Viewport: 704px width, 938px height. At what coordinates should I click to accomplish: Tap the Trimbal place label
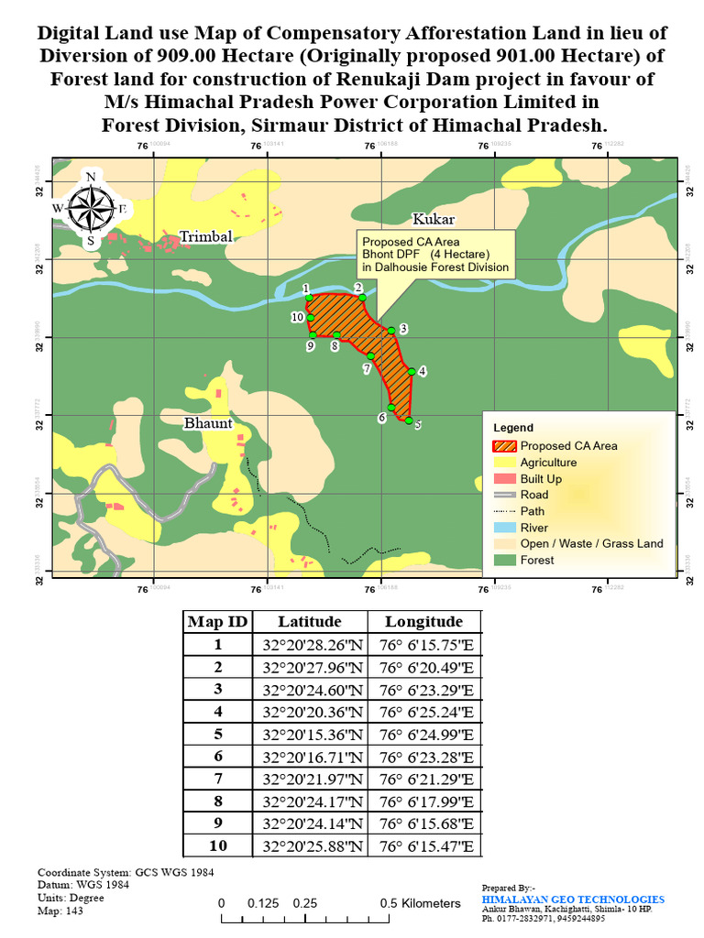[205, 236]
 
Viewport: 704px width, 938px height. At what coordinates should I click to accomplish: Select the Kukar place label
[433, 219]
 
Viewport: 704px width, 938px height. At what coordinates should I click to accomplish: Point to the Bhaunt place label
[208, 423]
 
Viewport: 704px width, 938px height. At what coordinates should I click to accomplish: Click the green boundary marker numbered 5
[409, 420]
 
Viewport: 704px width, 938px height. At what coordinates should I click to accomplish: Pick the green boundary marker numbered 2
[362, 297]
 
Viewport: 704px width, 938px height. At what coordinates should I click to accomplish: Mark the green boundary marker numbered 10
[310, 318]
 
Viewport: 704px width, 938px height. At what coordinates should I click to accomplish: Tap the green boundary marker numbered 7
[370, 355]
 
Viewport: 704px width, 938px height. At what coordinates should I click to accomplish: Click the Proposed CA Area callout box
[434, 254]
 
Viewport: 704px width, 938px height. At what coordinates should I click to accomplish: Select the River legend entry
[533, 528]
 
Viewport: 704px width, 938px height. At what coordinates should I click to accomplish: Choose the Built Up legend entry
[541, 479]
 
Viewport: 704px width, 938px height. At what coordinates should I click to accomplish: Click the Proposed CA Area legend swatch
[504, 446]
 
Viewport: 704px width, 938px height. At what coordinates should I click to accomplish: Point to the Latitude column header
[310, 621]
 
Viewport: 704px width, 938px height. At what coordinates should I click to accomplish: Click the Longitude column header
[423, 621]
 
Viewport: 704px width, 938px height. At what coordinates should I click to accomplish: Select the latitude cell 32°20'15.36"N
[310, 735]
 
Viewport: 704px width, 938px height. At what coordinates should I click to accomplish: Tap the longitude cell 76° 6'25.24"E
[424, 712]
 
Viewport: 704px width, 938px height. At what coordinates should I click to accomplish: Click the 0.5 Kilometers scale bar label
[420, 903]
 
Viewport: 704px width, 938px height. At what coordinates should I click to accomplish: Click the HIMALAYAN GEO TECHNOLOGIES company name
[573, 900]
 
